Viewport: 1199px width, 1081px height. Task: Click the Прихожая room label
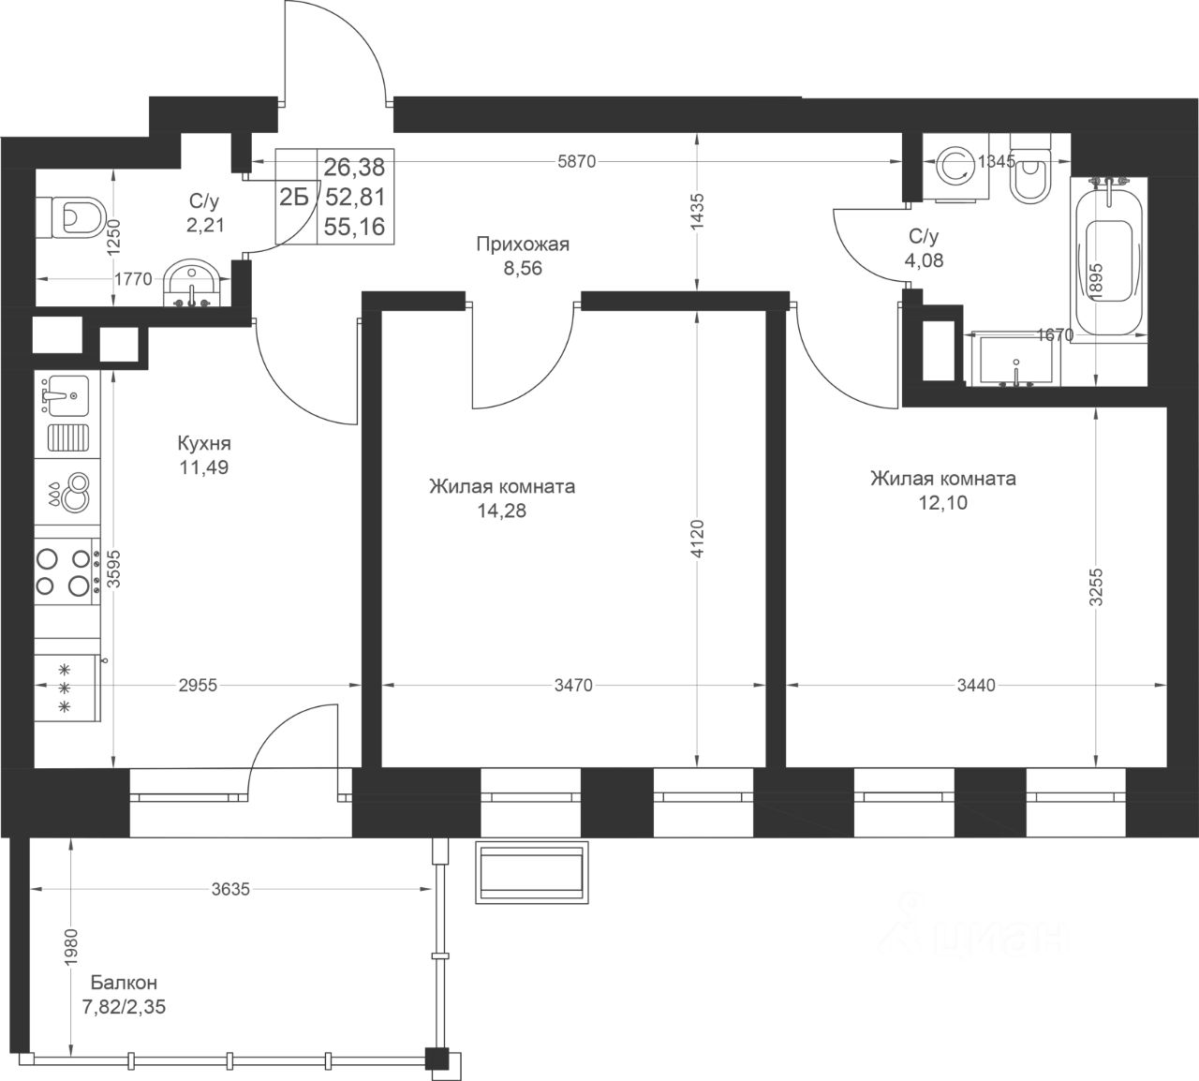[523, 244]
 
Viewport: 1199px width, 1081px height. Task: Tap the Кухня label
[204, 444]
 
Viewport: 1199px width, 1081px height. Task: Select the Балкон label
[124, 983]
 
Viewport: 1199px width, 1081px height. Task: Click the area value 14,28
[502, 511]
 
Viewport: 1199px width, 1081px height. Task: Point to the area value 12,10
[942, 503]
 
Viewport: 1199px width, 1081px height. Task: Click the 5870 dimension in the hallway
[576, 161]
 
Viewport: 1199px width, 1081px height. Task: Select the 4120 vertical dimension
[697, 540]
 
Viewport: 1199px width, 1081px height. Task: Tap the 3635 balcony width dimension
[230, 890]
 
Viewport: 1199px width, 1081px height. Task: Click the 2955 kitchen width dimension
[198, 685]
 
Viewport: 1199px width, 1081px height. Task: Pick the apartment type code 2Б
[294, 197]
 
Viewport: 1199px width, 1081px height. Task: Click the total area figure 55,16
[354, 227]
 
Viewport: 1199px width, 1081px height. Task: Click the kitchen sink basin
[67, 395]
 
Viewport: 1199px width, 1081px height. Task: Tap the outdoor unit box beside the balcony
[532, 872]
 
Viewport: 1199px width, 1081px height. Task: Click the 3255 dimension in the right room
[1096, 586]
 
